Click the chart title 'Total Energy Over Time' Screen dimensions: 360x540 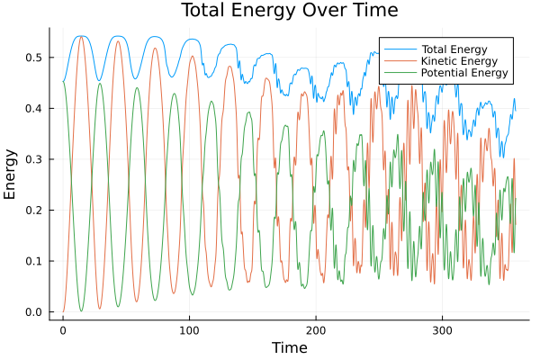[x=276, y=11]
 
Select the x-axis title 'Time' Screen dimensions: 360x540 [x=289, y=347]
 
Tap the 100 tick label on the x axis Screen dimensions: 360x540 [x=189, y=329]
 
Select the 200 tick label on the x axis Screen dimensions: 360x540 [x=315, y=329]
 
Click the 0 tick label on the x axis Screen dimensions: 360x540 [x=63, y=329]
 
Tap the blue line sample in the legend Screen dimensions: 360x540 [x=396, y=49]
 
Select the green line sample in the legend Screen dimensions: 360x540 [x=396, y=73]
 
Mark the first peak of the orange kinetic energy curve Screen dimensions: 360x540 [x=81, y=36]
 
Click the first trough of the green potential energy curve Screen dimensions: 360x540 [x=81, y=311]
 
